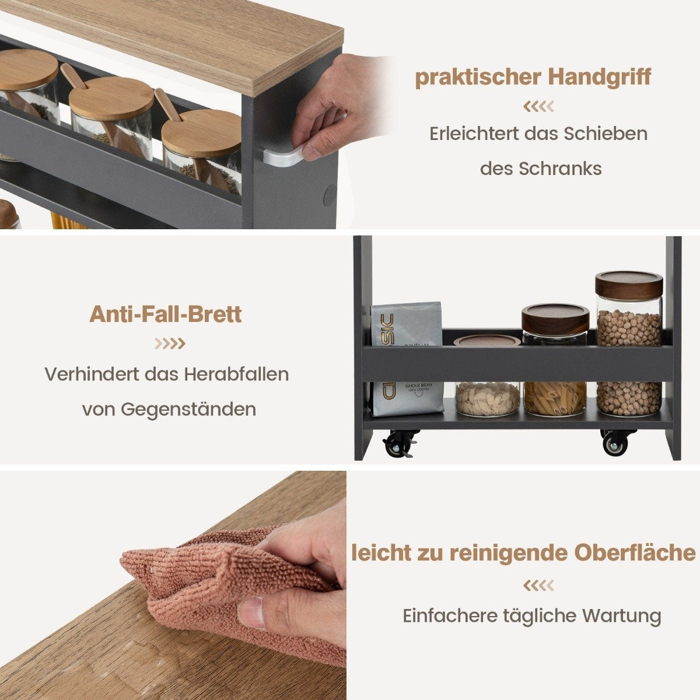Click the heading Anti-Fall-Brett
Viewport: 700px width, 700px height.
click(x=165, y=314)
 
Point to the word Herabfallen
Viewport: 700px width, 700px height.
click(x=236, y=374)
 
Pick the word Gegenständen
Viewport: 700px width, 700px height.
click(x=188, y=409)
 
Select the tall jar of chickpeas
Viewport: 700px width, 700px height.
click(x=629, y=345)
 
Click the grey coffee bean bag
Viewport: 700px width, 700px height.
click(x=407, y=359)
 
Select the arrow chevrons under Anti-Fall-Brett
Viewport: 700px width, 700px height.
click(x=170, y=343)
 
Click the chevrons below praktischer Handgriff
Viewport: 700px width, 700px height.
click(x=538, y=106)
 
